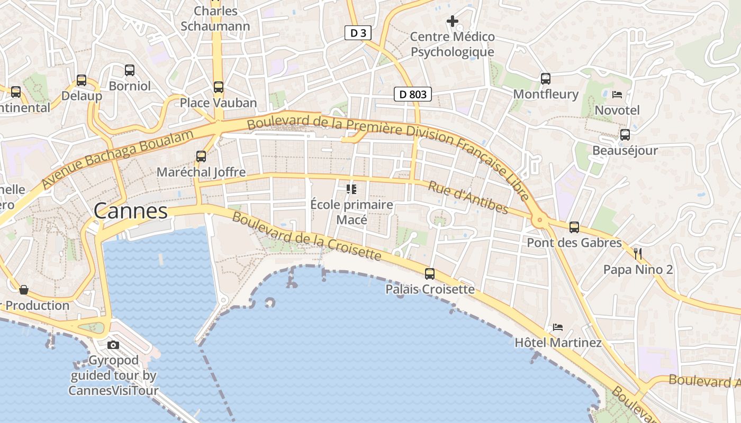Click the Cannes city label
(131, 211)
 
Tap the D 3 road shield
(358, 33)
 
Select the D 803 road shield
(413, 95)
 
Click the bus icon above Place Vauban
(219, 87)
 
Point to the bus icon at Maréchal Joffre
(201, 157)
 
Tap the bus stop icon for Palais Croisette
(430, 274)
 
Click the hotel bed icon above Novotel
(617, 95)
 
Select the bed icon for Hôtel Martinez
(558, 327)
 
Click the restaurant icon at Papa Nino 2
(638, 254)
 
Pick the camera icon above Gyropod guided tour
(113, 345)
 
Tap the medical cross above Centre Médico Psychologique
(453, 21)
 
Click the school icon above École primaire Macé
(351, 189)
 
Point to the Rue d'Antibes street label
(468, 198)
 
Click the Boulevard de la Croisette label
(306, 236)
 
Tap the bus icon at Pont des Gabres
(574, 227)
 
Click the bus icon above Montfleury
(546, 79)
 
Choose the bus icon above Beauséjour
(625, 135)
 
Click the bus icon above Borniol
(130, 70)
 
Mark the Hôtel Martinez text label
(558, 343)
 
